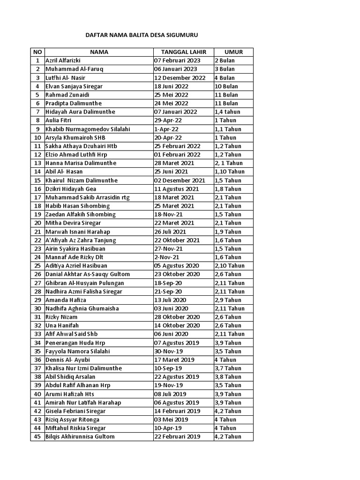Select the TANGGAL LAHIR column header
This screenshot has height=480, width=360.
183,52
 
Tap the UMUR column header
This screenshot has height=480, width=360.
233,52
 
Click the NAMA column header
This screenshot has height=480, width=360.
99,52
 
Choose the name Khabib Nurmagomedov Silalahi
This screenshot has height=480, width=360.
88,129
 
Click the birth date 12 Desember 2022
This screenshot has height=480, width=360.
180,78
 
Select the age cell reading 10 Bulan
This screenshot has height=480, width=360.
226,86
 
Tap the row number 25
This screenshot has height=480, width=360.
37,266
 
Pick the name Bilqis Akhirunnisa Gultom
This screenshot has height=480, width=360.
80,436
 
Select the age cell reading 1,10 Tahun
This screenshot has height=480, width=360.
230,172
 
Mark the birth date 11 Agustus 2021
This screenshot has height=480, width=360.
177,189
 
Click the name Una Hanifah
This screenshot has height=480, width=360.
62,325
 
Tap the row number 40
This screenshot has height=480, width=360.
37,394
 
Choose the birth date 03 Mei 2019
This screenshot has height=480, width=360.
171,420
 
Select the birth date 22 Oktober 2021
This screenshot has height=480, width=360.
177,240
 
